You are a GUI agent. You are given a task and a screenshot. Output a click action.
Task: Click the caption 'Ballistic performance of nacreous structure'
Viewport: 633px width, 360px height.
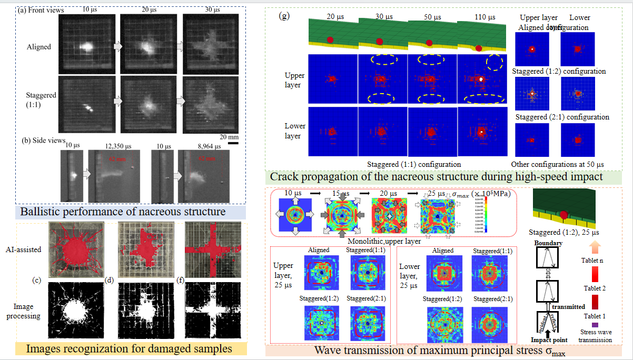(122, 212)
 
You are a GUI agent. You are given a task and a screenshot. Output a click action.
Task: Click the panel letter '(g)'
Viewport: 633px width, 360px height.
(284, 16)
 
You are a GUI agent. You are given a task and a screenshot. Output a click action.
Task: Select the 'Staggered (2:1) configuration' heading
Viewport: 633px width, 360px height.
(562, 117)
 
